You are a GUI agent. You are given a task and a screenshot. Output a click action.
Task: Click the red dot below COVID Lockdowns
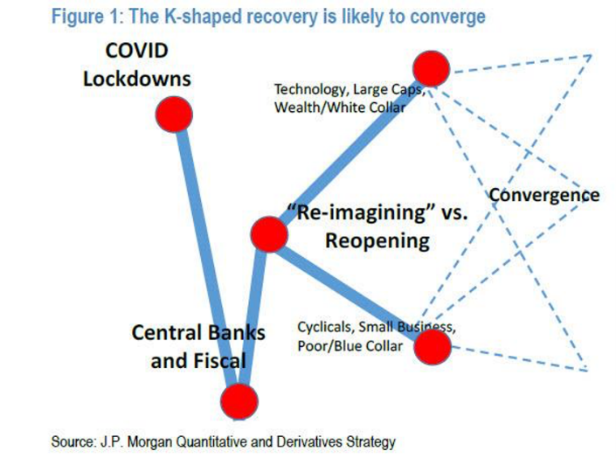[174, 114]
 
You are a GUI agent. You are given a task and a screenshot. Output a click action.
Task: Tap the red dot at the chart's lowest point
[239, 401]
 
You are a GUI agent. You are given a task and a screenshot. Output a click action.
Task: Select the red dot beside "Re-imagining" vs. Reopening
[269, 234]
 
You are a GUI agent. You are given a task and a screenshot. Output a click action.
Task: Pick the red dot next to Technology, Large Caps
[431, 68]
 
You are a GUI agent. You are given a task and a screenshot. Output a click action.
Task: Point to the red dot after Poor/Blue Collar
[433, 347]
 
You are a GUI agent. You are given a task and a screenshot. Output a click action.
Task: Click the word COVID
[136, 51]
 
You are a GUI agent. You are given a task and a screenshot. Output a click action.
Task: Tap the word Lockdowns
[136, 79]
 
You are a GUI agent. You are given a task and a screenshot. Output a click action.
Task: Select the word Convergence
[544, 195]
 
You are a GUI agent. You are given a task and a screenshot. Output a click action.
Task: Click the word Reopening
[377, 240]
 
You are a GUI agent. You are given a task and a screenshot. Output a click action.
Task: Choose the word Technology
[312, 90]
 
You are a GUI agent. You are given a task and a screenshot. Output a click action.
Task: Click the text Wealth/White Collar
[340, 108]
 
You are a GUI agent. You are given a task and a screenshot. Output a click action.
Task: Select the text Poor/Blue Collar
[350, 346]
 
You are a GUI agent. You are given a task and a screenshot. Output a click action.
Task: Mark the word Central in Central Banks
[163, 333]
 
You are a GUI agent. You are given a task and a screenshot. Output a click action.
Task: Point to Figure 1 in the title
[87, 17]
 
